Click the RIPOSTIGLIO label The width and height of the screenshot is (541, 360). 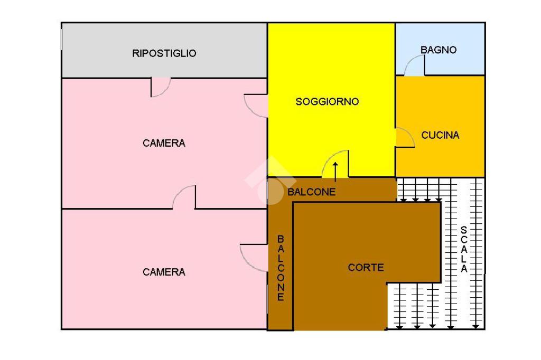164,53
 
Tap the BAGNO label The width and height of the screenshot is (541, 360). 439,50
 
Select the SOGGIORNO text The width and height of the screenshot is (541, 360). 327,101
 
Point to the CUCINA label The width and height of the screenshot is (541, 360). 440,135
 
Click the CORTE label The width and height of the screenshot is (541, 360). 366,268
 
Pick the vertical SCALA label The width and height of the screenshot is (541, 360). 463,249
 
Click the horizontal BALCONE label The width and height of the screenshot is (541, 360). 311,192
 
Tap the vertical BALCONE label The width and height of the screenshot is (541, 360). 281,268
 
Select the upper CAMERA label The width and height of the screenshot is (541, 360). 164,143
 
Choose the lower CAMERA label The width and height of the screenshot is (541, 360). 164,272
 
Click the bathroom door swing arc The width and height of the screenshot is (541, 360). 414,66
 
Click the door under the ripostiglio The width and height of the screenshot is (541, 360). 160,88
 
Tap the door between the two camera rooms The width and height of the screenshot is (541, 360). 184,197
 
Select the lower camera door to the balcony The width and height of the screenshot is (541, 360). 254,258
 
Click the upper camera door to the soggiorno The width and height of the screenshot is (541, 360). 256,106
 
